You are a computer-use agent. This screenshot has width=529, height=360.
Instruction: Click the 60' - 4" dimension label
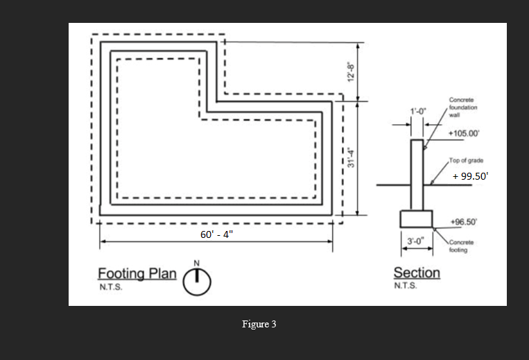pos(217,234)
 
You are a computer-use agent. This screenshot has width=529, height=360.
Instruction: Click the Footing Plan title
pos(137,273)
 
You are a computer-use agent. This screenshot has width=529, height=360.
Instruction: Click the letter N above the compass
pos(197,262)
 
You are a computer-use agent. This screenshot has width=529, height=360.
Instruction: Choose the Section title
pos(417,273)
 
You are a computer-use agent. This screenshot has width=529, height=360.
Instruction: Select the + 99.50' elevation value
pos(471,176)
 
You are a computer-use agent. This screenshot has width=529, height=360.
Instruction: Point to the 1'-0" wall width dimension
pos(418,112)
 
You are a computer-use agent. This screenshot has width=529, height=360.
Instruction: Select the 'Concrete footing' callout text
pos(462,246)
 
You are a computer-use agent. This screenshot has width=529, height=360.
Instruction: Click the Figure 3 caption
pos(259,325)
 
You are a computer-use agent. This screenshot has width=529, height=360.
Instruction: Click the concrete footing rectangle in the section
pos(416,218)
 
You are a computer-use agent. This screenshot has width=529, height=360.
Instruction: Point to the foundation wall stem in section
pos(417,173)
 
